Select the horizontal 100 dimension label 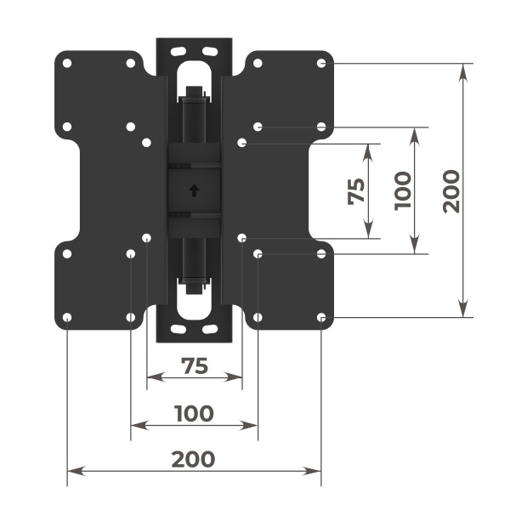click(x=194, y=414)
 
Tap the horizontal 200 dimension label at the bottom click(x=194, y=460)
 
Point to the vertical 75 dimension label click(x=358, y=190)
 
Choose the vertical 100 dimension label click(x=403, y=190)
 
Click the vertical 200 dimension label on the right click(x=450, y=190)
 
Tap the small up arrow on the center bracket click(x=195, y=190)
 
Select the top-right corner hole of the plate click(x=321, y=63)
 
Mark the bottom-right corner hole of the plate click(x=321, y=318)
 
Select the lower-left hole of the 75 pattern click(x=146, y=238)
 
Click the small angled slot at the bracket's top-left click(x=176, y=52)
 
